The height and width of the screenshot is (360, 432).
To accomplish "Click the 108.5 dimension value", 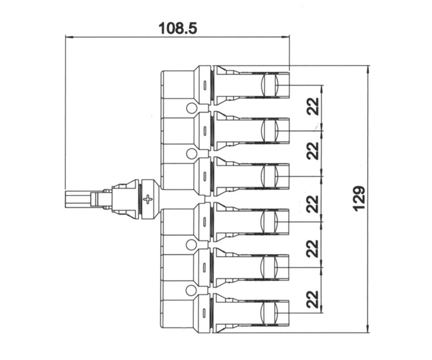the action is click(x=178, y=28).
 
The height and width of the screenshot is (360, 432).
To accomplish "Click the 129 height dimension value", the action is click(x=359, y=198).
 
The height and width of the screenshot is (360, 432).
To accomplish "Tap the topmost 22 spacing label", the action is click(x=313, y=106).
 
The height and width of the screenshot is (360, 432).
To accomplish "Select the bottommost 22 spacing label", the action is click(x=313, y=299).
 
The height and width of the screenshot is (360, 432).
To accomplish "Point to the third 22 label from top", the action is click(x=313, y=204).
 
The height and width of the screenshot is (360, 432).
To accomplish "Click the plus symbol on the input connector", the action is click(x=148, y=199).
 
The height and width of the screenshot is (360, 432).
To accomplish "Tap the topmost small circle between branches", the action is click(x=192, y=108).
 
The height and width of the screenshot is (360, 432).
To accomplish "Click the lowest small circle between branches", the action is click(x=191, y=290).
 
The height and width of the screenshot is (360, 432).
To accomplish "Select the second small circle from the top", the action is click(x=192, y=154).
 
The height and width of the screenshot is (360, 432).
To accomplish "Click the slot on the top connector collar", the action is click(x=205, y=85).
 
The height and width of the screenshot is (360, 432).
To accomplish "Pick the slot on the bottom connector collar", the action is click(x=204, y=313).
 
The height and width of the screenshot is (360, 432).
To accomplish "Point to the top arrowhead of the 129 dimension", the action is click(x=368, y=69).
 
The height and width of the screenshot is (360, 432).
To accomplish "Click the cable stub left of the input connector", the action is click(x=78, y=199).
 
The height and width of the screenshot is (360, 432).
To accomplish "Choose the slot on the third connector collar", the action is click(x=205, y=176).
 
